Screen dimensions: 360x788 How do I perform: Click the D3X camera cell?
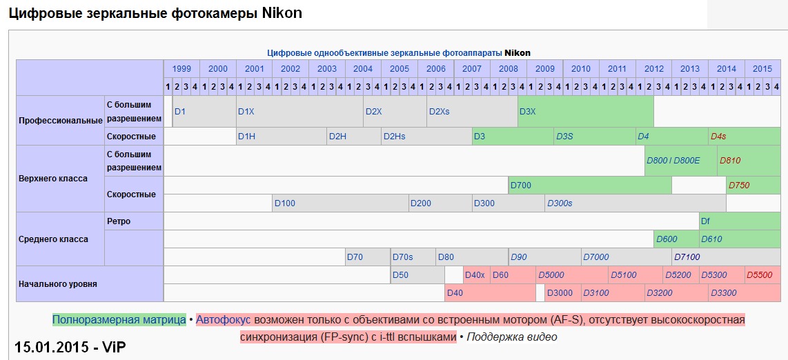527,112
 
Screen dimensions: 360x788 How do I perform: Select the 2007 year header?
472,69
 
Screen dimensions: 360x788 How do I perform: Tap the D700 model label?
521,185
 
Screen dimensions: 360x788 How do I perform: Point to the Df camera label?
705,221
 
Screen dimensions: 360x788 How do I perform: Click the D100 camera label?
284,203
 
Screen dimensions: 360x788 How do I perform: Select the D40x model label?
475,275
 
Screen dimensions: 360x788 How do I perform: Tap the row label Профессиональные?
61,121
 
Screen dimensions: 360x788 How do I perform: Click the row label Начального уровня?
58,283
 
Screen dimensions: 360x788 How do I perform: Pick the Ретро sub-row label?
119,221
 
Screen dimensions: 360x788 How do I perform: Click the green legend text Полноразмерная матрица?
119,320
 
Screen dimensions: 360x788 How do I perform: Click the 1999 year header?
182,69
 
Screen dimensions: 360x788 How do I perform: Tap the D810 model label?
730,161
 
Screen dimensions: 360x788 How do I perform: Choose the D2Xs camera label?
439,112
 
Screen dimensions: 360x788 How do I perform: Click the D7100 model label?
687,257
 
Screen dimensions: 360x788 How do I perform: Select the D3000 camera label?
560,293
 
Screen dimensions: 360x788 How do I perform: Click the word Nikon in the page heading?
282,13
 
